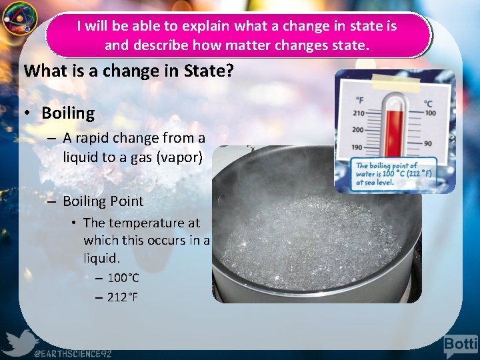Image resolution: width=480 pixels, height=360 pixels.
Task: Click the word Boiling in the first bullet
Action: (x=68, y=113)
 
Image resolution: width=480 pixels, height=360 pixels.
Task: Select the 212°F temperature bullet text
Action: (x=123, y=297)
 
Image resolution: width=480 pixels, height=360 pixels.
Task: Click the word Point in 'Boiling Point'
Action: (x=127, y=201)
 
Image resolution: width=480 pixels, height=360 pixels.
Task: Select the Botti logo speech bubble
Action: (x=461, y=345)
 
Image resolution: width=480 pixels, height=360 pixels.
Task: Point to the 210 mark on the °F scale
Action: (x=358, y=113)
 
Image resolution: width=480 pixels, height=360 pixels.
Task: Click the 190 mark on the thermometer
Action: (x=358, y=146)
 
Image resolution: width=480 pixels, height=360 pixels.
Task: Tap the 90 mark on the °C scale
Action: (x=428, y=143)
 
